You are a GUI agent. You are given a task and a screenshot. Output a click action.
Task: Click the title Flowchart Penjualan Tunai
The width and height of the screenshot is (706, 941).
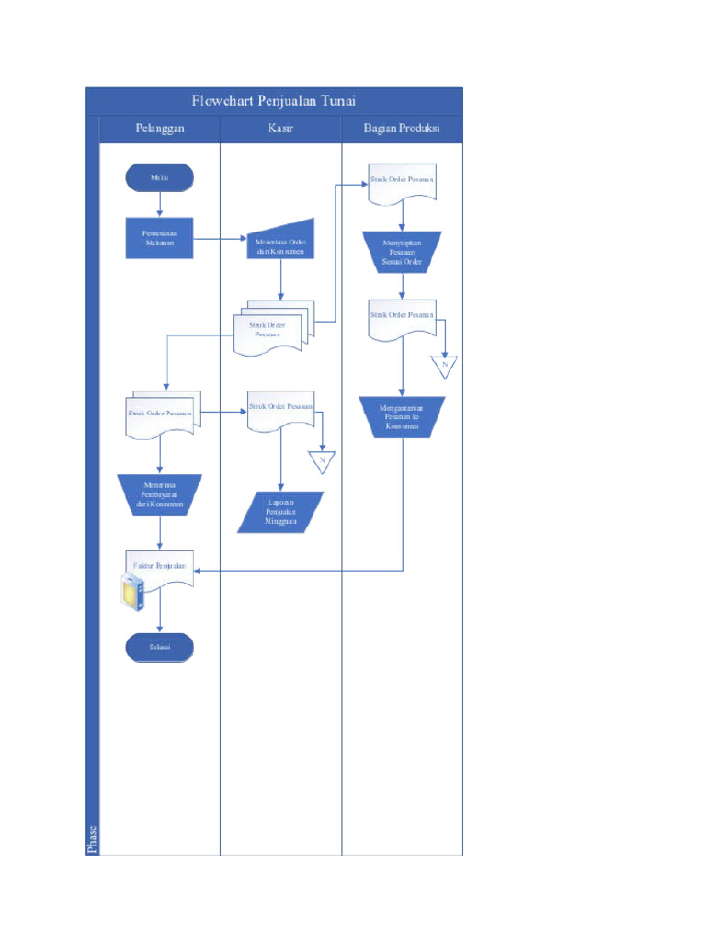(x=273, y=101)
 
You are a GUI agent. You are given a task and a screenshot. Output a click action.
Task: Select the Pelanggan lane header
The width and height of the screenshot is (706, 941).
(x=160, y=129)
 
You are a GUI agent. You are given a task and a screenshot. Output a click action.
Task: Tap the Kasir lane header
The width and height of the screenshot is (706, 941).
(x=280, y=129)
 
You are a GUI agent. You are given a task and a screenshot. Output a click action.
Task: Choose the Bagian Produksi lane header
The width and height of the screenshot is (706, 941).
(x=402, y=129)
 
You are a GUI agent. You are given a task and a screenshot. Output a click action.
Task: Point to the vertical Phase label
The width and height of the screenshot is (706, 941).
(x=92, y=837)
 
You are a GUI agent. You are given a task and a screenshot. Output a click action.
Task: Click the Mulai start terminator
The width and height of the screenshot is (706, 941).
(x=160, y=177)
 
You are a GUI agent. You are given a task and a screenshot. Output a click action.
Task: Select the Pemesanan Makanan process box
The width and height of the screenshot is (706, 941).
(x=160, y=239)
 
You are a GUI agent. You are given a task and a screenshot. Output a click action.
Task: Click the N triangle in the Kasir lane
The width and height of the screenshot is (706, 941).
(x=323, y=460)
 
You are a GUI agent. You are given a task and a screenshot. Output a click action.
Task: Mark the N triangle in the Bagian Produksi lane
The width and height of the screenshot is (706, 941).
(x=444, y=366)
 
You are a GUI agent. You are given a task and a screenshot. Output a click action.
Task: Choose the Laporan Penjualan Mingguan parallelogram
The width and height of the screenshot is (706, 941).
(x=280, y=512)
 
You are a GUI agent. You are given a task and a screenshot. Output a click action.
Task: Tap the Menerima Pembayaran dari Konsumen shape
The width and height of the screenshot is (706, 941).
(x=160, y=495)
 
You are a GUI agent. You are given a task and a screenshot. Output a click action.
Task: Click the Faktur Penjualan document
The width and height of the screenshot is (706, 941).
(x=160, y=569)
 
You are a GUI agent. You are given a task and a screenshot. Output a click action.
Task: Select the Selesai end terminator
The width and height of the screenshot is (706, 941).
(x=160, y=647)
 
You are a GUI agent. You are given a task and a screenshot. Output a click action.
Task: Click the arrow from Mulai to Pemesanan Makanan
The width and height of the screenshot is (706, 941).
(x=160, y=204)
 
